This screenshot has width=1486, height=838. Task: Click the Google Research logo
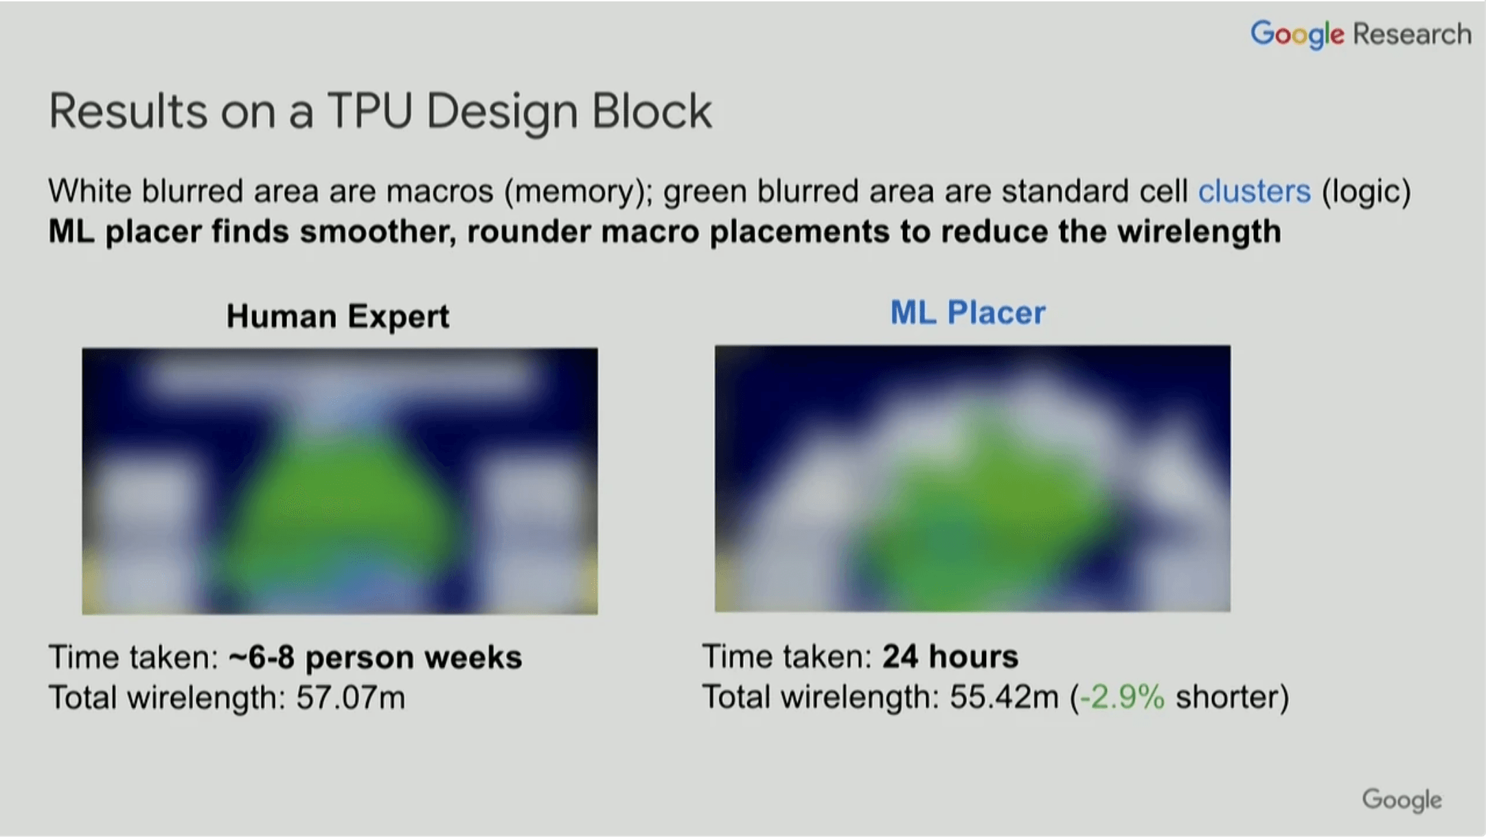click(1360, 34)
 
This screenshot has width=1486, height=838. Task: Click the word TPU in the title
click(369, 111)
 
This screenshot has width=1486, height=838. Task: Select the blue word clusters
click(1254, 191)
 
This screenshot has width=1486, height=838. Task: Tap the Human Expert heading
click(338, 316)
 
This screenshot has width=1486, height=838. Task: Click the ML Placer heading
click(968, 313)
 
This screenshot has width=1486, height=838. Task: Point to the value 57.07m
click(350, 698)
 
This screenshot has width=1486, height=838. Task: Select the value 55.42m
click(1004, 697)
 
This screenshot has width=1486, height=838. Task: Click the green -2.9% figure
click(1122, 697)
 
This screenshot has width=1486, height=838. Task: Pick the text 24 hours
click(950, 657)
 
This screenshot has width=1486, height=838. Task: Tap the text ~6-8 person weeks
click(375, 657)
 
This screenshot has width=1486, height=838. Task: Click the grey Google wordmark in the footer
click(1402, 800)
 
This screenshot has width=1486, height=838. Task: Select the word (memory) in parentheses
click(578, 191)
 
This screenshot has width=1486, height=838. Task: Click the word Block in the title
click(652, 111)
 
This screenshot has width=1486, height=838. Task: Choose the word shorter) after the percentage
click(1232, 697)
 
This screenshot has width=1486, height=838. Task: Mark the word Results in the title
click(128, 111)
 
